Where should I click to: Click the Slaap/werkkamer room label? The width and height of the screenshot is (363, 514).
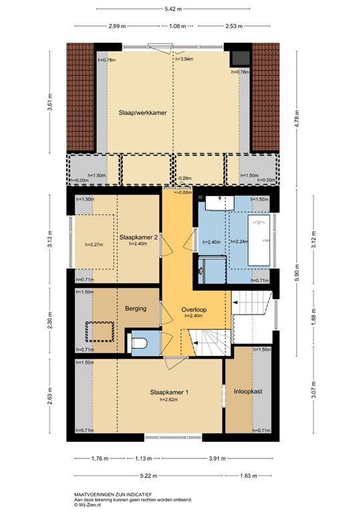tap(142, 112)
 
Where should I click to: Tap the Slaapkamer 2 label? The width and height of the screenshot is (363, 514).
tap(138, 237)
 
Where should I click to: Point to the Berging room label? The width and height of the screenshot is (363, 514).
tap(136, 309)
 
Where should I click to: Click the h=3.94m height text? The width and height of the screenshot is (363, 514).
tap(184, 59)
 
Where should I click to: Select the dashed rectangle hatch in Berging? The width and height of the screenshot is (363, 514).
tap(98, 331)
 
